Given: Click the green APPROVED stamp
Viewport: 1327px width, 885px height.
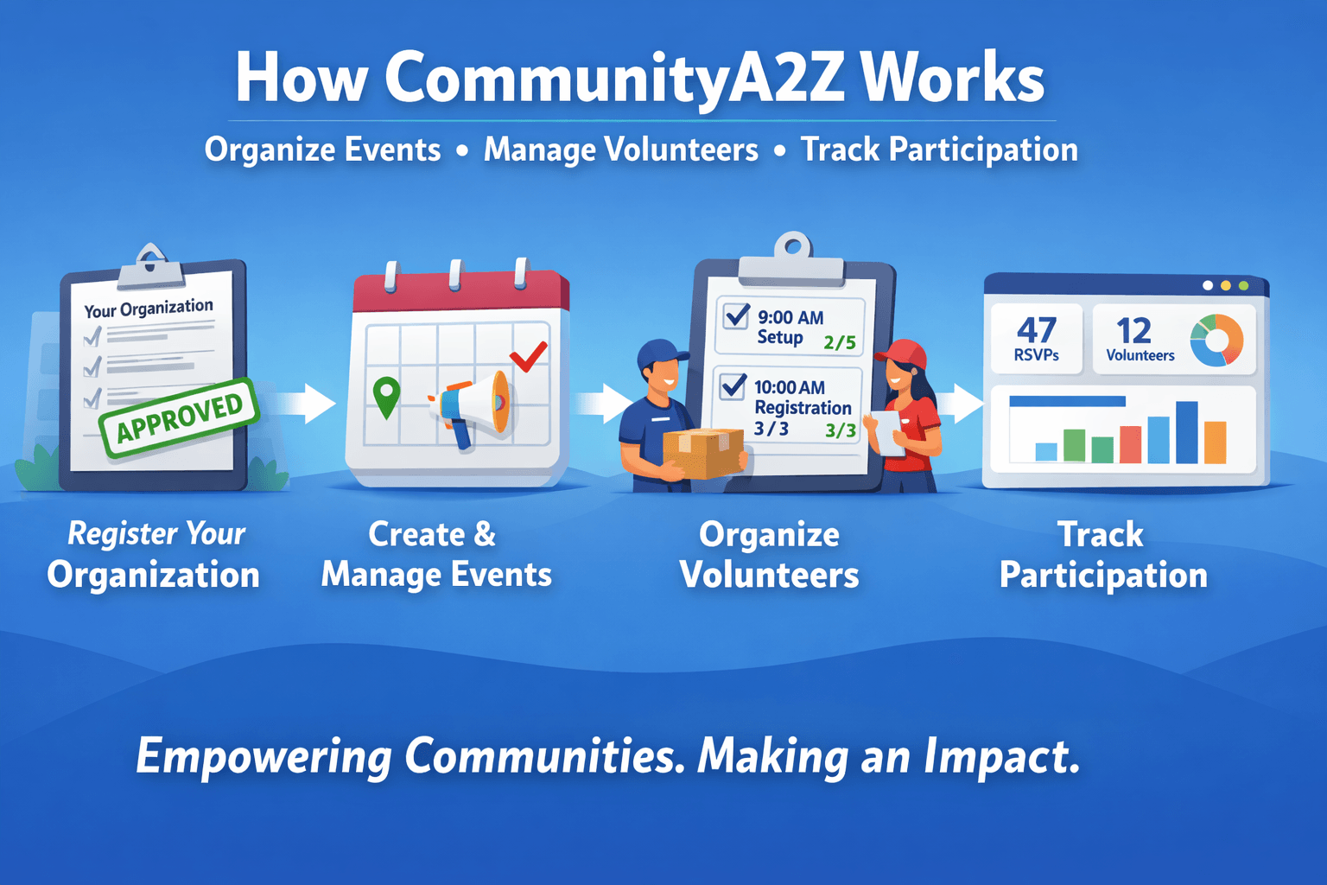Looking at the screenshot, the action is (x=180, y=418).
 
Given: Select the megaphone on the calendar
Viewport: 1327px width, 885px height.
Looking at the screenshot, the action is (x=470, y=409).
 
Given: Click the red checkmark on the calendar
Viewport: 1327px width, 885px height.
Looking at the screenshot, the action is (x=529, y=356).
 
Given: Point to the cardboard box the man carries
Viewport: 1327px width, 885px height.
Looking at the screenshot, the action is (x=703, y=453).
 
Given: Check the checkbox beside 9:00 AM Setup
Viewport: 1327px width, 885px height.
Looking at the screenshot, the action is (x=736, y=315).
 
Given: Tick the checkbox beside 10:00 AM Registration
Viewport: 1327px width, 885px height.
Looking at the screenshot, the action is (x=733, y=385).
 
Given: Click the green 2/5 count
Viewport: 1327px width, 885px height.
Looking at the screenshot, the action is (x=840, y=342).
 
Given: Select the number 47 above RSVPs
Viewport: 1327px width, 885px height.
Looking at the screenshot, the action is (x=1037, y=330).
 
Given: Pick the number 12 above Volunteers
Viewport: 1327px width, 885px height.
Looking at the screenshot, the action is (x=1133, y=330).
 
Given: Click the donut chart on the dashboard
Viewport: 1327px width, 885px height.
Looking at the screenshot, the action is (x=1217, y=341).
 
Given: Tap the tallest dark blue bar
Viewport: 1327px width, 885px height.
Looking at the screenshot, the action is (x=1186, y=432).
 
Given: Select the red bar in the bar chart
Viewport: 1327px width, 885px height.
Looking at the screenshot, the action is (x=1130, y=444).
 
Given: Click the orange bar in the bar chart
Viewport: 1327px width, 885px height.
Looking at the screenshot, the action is (x=1215, y=442).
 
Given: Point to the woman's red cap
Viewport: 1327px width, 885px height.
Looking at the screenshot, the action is (x=902, y=353).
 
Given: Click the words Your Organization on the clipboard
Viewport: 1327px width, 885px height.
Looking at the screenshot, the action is (x=149, y=309).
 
